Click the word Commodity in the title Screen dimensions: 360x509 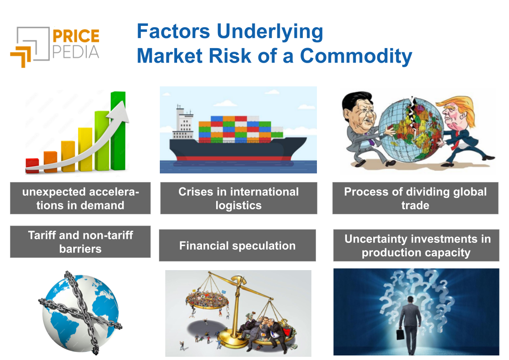356,56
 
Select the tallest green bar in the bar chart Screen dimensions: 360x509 118,132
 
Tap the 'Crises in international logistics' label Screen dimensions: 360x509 238,198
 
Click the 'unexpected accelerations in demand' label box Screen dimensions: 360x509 80,198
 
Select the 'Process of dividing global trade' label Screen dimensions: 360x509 415,198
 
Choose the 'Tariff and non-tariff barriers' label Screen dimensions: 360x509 80,242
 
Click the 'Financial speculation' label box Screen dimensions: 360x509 237,246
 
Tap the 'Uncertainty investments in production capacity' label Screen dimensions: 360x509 416,246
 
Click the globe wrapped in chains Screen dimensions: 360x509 79,313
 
